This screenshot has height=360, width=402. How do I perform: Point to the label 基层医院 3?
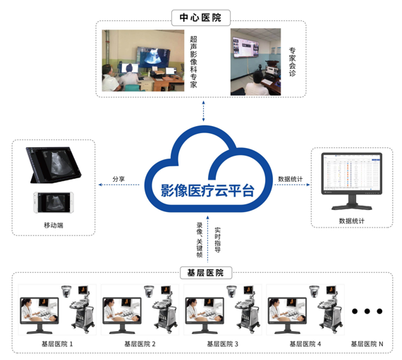click(x=222, y=344)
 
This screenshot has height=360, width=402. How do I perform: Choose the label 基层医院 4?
click(x=305, y=344)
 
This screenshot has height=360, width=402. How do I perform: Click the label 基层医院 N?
click(x=367, y=344)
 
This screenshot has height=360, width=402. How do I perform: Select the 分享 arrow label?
click(x=118, y=179)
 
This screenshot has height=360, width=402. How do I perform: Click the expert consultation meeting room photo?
click(x=255, y=61)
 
